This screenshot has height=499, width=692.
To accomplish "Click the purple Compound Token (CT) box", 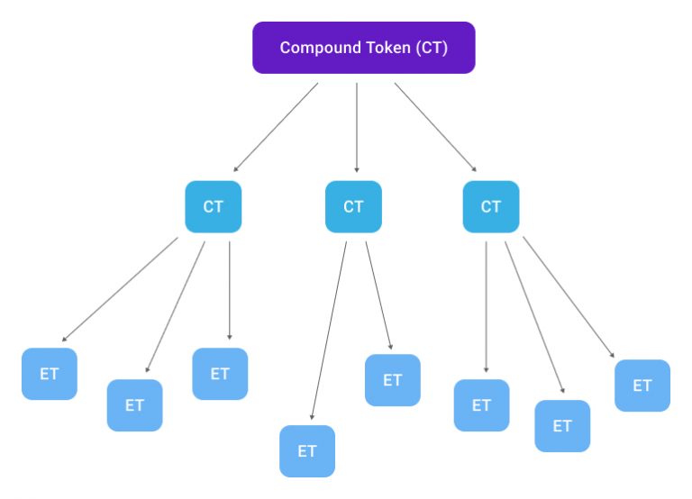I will coord(363,48).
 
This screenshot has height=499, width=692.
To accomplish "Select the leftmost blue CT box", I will coord(214,207).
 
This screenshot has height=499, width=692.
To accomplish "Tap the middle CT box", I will coord(353,207).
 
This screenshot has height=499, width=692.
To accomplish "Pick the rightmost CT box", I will coord(491,207).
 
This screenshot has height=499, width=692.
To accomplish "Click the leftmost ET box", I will coord(50,374).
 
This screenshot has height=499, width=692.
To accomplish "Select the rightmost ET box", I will coord(642,386).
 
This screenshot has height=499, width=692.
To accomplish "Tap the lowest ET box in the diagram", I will coord(307,451).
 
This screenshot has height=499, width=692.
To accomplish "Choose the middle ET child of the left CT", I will coord(135,405).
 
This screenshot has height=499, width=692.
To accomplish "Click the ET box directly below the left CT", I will coord(220,374).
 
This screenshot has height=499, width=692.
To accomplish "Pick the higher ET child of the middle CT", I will coord(393,380).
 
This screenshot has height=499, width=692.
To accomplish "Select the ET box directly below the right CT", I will coord(481,405).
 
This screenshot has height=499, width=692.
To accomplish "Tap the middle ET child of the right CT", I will coord(562,426).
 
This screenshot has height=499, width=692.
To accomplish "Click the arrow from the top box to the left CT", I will coord(276,127).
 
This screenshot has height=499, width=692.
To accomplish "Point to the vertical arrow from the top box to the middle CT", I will coord(357,127).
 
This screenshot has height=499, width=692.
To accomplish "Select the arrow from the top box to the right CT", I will coord(435,127).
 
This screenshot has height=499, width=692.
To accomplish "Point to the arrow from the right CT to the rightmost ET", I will coord(569,298).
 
